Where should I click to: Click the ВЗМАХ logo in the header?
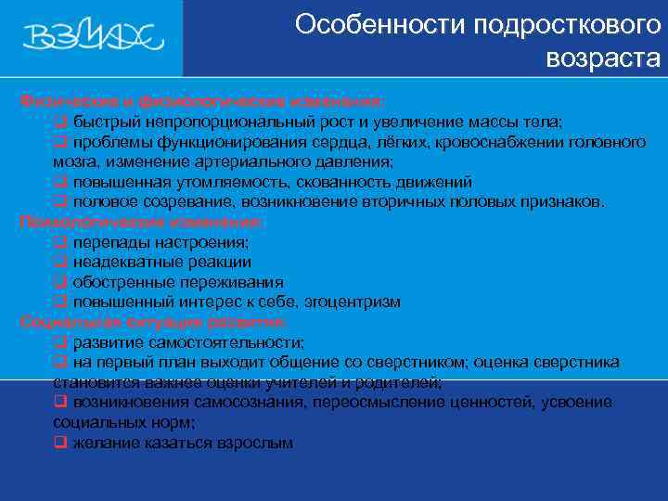point(93,36)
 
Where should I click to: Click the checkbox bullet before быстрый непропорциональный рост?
point(60,122)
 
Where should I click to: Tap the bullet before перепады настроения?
point(60,242)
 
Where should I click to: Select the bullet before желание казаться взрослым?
point(60,443)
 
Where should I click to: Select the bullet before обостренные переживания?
point(60,282)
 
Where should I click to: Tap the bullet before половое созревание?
point(60,201)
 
